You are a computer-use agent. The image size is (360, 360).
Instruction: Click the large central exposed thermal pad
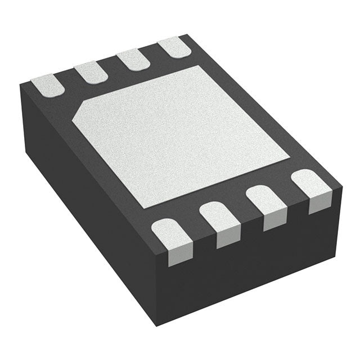click(x=180, y=135)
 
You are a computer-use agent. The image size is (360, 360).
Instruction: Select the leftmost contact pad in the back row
click(x=47, y=84)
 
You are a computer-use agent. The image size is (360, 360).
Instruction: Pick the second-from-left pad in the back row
click(x=91, y=72)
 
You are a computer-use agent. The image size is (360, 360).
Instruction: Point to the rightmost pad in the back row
click(x=174, y=48)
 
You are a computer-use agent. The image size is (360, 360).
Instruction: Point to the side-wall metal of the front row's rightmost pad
click(x=320, y=205)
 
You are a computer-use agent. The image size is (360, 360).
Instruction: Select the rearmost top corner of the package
click(x=187, y=35)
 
